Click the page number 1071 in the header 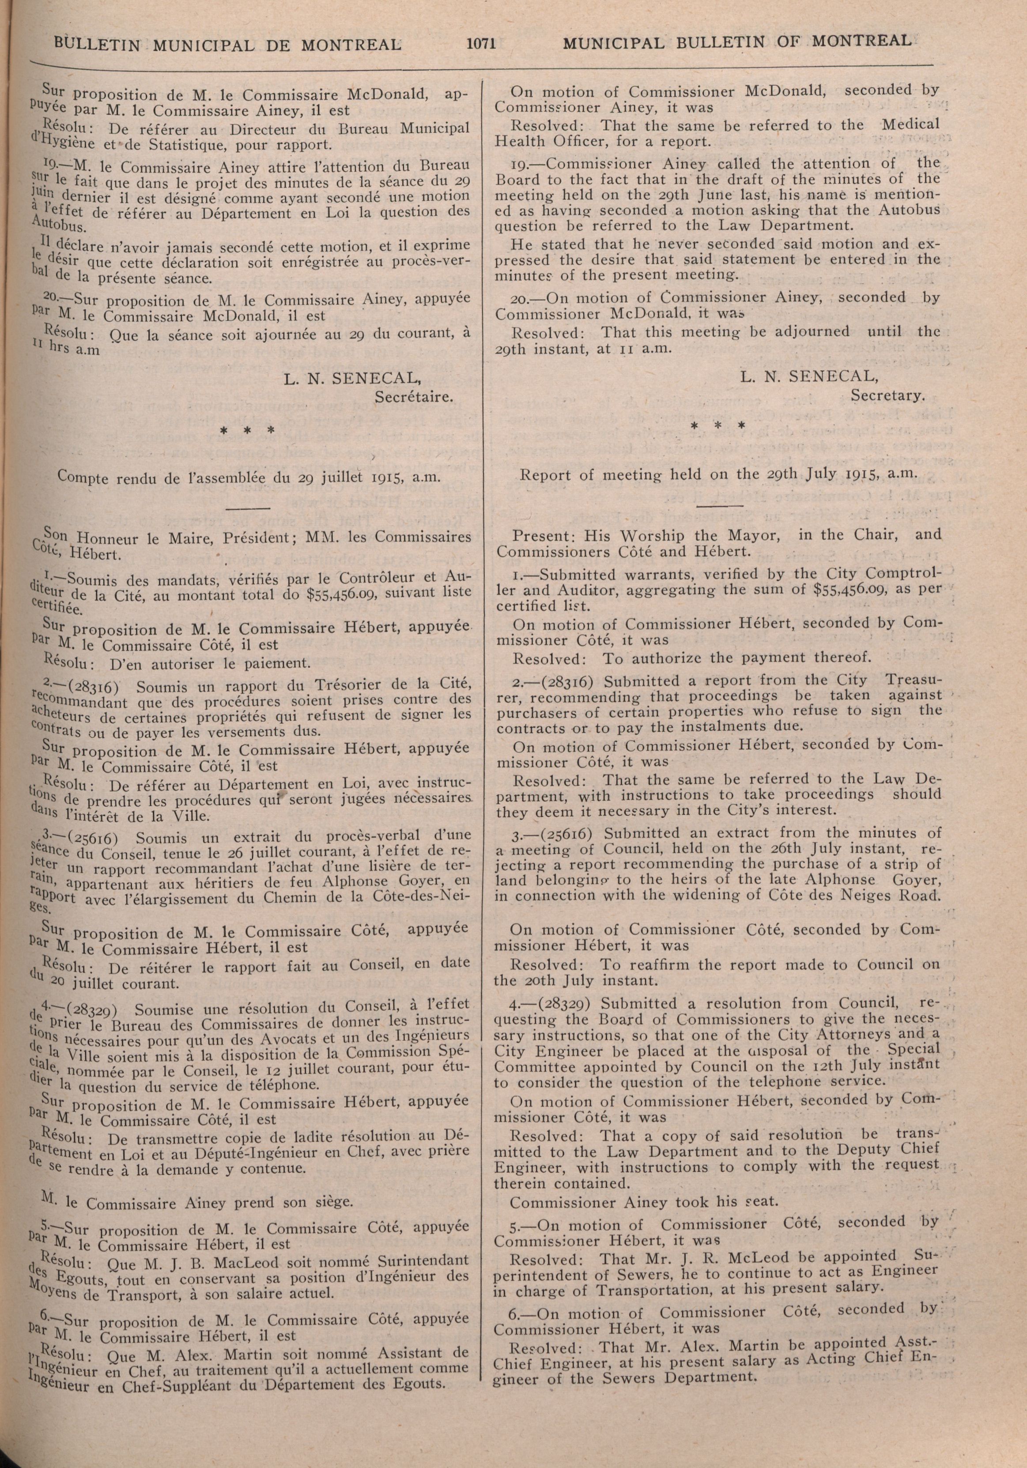coord(482,43)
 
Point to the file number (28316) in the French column coord(94,687)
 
